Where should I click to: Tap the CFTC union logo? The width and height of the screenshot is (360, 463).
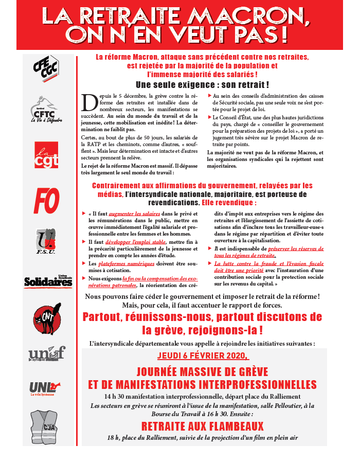click(x=46, y=109)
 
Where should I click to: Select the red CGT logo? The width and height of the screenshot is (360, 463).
click(x=46, y=155)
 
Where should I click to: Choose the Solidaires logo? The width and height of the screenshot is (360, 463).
click(x=48, y=281)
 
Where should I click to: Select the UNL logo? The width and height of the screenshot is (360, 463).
click(x=45, y=387)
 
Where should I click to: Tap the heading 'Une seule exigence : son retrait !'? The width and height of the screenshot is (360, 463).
click(x=202, y=84)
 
